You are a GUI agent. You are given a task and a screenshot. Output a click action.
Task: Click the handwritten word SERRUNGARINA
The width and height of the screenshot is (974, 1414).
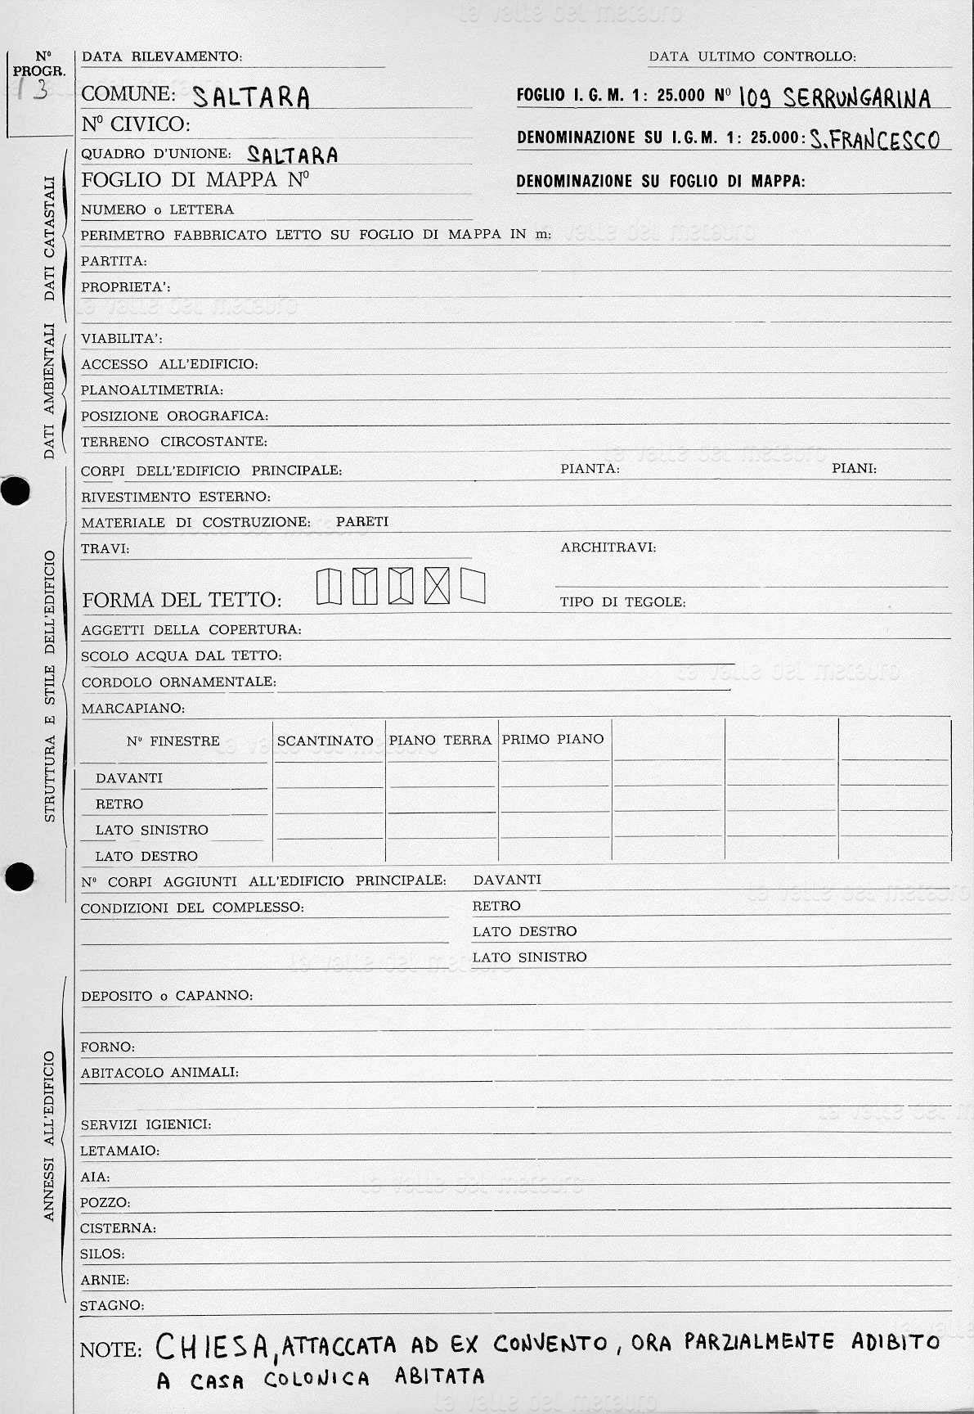pos(856,98)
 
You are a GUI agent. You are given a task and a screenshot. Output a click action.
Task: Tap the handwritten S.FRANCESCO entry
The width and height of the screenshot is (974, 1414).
pos(874,140)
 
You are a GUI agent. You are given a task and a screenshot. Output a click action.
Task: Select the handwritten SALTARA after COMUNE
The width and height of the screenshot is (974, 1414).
pos(251,97)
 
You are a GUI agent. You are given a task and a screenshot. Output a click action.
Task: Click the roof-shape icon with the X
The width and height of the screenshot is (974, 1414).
pos(437,586)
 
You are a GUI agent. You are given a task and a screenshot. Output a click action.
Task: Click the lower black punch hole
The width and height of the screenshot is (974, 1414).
pos(18,876)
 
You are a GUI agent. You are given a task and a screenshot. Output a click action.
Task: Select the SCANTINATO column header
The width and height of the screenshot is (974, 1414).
pos(325,741)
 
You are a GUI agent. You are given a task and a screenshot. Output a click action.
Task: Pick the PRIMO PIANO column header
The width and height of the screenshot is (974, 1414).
pos(553,739)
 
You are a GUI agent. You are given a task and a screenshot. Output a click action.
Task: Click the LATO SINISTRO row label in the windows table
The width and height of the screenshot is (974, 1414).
pos(151,830)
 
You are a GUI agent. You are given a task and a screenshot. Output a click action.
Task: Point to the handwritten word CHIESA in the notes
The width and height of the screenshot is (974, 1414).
pos(213,1345)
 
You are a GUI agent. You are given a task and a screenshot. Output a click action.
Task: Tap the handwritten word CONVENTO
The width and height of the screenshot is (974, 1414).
pos(550,1344)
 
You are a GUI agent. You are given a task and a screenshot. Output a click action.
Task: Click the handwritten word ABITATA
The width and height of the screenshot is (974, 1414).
pos(440,1376)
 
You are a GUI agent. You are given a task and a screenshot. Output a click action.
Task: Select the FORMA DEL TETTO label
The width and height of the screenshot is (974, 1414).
pos(182,600)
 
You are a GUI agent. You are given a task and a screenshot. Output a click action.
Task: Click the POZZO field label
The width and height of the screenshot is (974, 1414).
pos(105,1202)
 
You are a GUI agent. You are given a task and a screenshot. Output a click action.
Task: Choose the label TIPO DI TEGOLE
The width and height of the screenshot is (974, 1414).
pos(622,601)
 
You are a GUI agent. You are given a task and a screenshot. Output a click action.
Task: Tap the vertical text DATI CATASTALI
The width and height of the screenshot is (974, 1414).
pos(49,238)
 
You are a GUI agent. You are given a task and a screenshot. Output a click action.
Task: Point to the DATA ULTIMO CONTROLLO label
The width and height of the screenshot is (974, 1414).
pos(752,56)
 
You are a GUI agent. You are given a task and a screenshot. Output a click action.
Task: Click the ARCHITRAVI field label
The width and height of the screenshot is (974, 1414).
pos(608,547)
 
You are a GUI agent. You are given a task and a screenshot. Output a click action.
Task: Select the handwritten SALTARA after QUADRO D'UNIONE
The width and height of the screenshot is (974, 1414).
pos(292,155)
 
